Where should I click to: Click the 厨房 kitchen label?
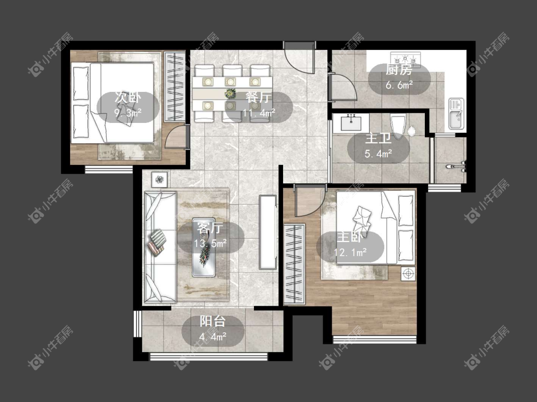pyautogui.click(x=399, y=70)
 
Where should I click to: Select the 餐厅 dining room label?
pyautogui.click(x=259, y=98)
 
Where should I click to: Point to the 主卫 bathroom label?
pyautogui.click(x=379, y=139)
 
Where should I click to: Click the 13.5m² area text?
pyautogui.click(x=211, y=243)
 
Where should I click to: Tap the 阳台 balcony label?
pyautogui.click(x=213, y=321)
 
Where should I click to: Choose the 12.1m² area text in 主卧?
pyautogui.click(x=350, y=252)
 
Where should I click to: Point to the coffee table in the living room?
pyautogui.click(x=204, y=247)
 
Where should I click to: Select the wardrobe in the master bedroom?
pyautogui.click(x=294, y=263)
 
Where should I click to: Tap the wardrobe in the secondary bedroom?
pyautogui.click(x=175, y=86)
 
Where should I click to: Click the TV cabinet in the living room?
pyautogui.click(x=268, y=232)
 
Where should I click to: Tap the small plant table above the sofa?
pyautogui.click(x=159, y=179)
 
